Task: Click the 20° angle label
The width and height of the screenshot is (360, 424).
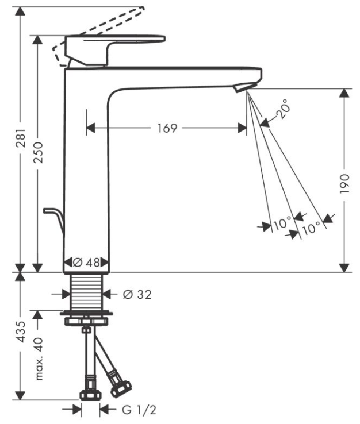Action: click(281, 109)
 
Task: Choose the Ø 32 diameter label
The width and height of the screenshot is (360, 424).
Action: click(136, 294)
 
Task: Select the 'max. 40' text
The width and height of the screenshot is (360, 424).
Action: click(39, 359)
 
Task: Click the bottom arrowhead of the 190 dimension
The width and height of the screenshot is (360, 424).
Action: click(344, 267)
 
